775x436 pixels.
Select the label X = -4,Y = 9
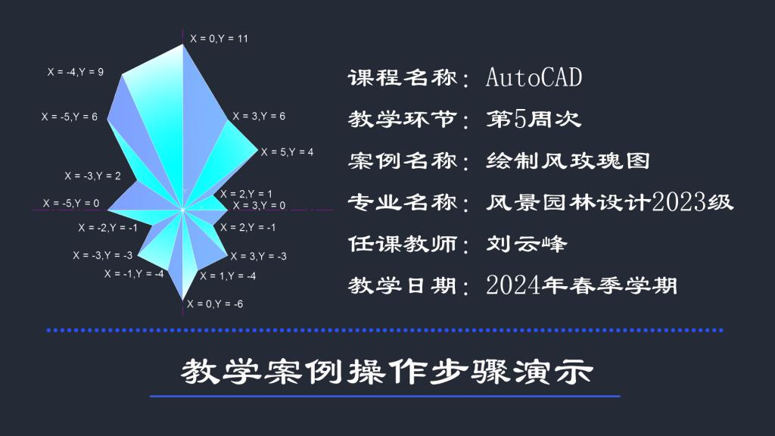(76, 72)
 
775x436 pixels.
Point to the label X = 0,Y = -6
(215, 304)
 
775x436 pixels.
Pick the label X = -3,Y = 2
(93, 176)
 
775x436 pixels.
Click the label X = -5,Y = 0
(71, 203)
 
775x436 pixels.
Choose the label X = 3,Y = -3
(259, 256)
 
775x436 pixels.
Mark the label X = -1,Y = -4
(134, 274)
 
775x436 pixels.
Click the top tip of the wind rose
(183, 45)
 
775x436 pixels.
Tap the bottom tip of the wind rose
(183, 300)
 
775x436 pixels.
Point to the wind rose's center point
(182, 210)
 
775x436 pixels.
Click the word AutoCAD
(534, 78)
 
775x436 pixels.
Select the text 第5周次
(534, 119)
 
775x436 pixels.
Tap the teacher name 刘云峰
(527, 244)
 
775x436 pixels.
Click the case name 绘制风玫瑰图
(568, 160)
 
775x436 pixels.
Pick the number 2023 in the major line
(679, 201)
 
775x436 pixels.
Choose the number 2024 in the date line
(513, 285)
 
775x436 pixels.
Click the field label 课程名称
(403, 78)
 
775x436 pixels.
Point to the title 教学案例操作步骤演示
(387, 372)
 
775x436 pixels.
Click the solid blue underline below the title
(385, 396)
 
